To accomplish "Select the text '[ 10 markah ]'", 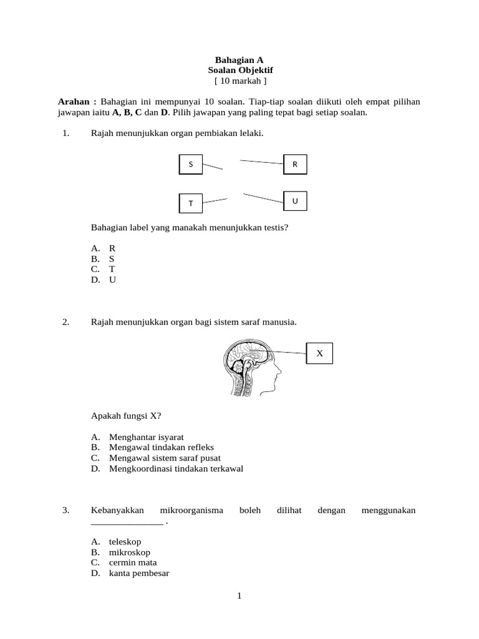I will [239, 81].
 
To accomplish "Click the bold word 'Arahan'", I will [77, 102].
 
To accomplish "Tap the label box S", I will [191, 165].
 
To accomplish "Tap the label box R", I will [295, 165].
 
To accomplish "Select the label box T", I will [191, 203].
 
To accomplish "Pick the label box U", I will [295, 201].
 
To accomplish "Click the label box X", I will [319, 353].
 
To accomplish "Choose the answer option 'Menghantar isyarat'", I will [147, 437].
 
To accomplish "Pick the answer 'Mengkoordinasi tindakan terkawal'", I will [176, 469].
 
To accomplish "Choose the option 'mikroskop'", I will [129, 552].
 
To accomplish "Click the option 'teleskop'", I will [125, 542].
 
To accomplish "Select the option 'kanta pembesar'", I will [139, 573].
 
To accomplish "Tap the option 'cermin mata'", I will [133, 563].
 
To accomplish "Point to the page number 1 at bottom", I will [239, 597].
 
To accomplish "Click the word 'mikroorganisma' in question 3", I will [191, 510].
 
